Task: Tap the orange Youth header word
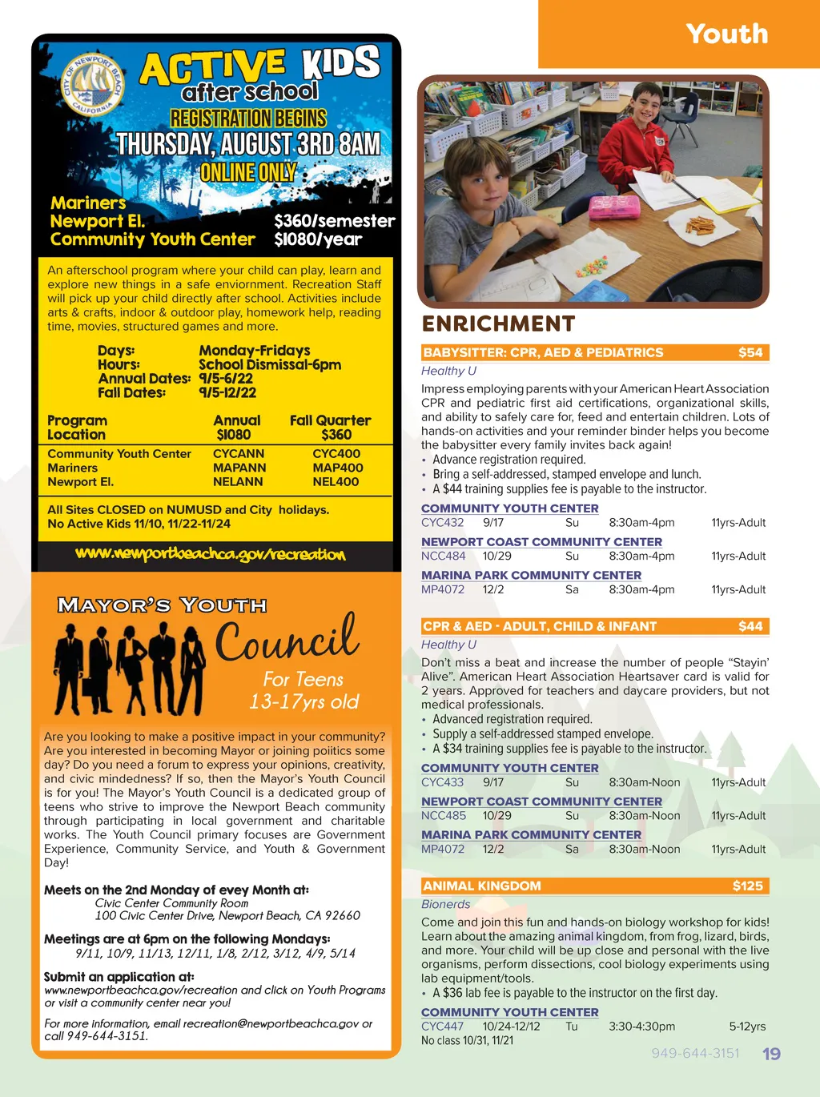point(726,34)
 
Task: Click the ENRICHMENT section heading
point(498,323)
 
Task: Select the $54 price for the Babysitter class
point(750,352)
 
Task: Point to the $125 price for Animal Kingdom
point(747,886)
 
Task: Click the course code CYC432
point(442,523)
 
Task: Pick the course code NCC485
point(443,816)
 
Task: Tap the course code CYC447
point(442,1027)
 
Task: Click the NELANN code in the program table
point(238,482)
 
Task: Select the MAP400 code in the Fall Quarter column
point(337,468)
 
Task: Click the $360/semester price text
point(334,221)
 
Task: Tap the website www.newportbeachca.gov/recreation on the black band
point(211,554)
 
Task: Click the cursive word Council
point(286,640)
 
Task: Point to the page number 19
point(771,1054)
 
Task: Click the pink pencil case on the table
point(614,206)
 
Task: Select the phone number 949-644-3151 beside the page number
point(695,1053)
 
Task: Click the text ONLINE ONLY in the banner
point(248,173)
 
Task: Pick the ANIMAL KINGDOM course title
point(482,886)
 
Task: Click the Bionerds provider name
point(445,904)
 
